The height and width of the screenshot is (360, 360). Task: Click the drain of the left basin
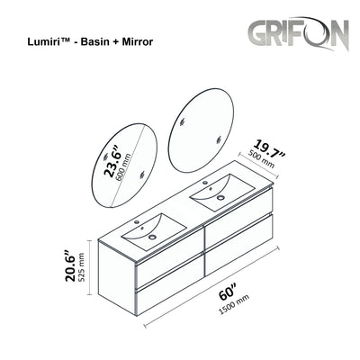150,235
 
